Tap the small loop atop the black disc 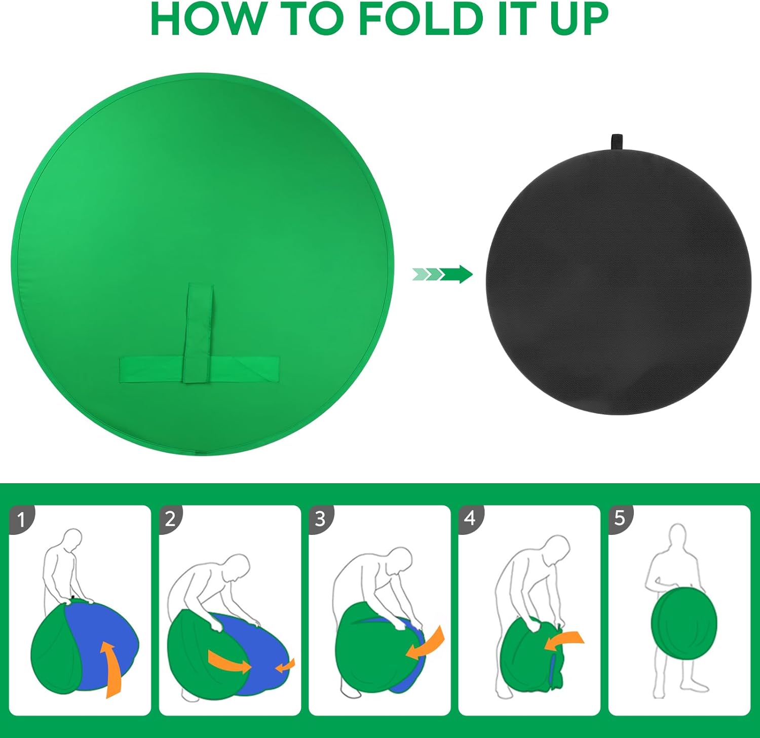pos(617,142)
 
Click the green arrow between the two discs pos(442,275)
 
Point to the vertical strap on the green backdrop pos(198,333)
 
